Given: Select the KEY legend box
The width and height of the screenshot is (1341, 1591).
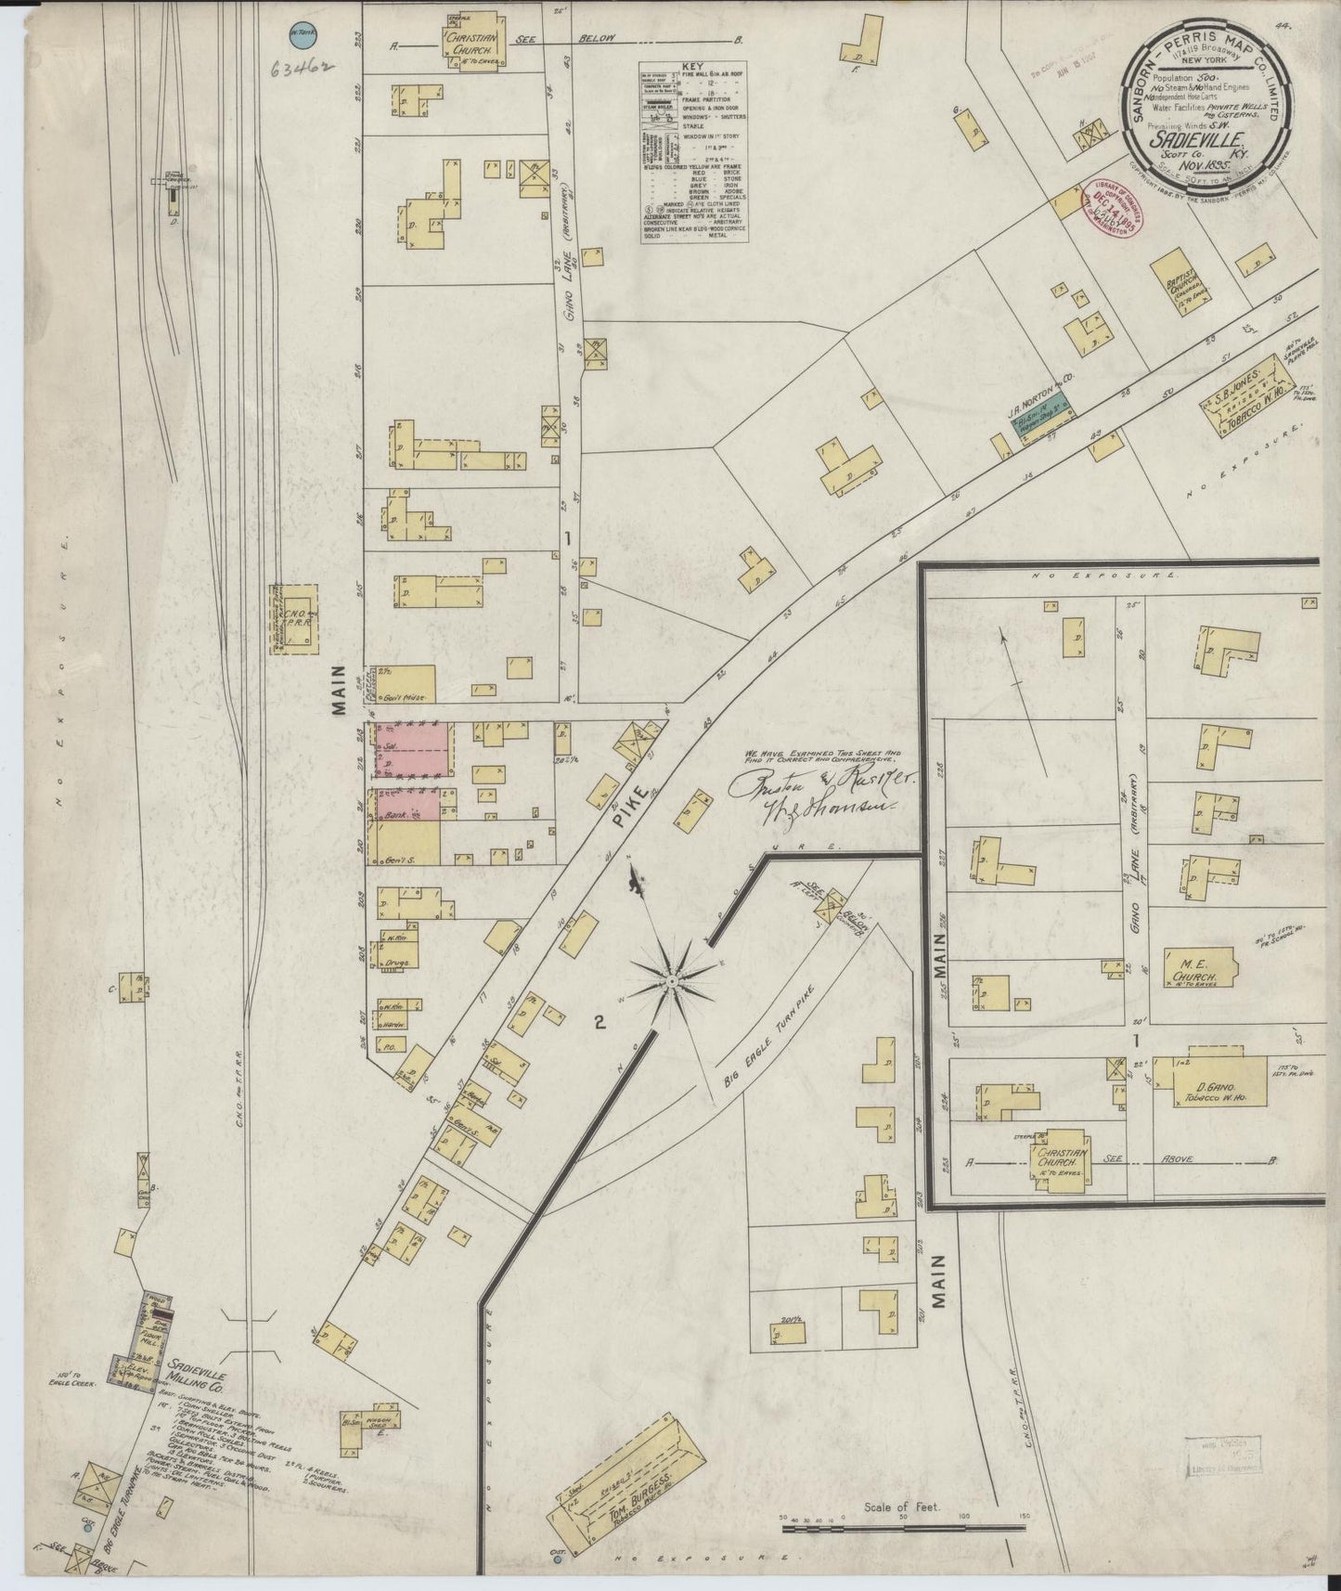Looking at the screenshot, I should point(694,153).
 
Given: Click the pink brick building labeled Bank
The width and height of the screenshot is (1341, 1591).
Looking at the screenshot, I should point(406,805).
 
